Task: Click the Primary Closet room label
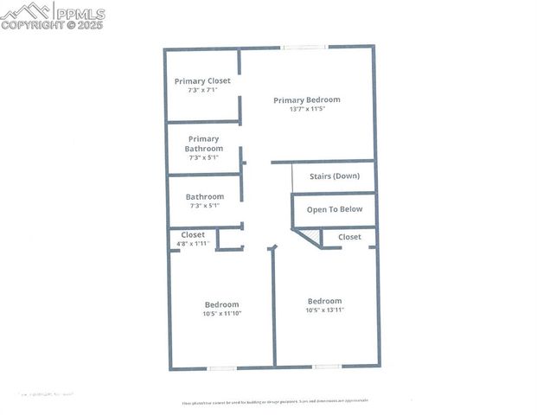(x=203, y=80)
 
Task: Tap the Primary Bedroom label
(x=307, y=99)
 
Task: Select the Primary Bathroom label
(x=204, y=144)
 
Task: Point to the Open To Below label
(x=335, y=209)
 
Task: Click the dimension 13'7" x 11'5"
(x=307, y=110)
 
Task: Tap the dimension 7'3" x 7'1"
(x=203, y=90)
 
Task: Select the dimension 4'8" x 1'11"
(x=193, y=244)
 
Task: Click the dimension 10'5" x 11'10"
(x=222, y=313)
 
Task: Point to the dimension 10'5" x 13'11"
(x=325, y=310)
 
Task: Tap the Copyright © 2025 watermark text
(x=52, y=25)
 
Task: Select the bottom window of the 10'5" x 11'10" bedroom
(x=222, y=368)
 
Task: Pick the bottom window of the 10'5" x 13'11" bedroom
(x=327, y=367)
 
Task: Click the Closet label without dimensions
(x=349, y=237)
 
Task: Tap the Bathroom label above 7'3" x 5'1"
(x=205, y=196)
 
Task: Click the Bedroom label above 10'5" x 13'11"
(x=325, y=301)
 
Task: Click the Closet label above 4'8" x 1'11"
(x=193, y=234)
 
